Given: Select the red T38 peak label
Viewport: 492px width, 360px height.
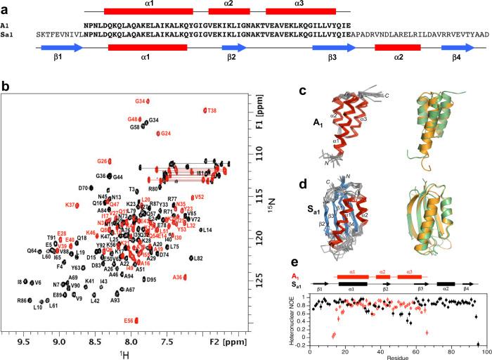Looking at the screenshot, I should point(211,110).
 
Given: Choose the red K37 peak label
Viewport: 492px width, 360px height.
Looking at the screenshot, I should point(71,205).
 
